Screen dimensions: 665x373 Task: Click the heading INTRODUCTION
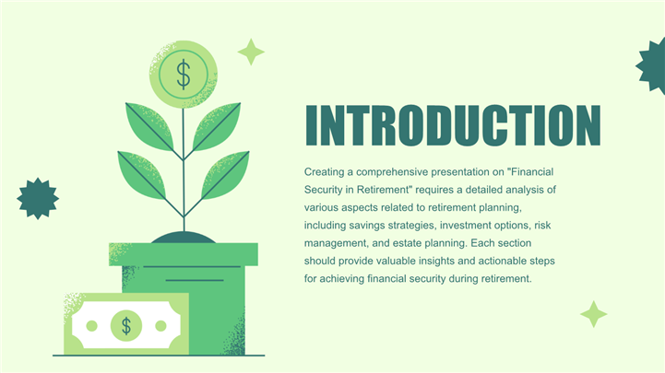point(453,126)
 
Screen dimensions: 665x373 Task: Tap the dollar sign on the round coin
point(184,74)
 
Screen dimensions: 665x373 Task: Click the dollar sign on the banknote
point(126,326)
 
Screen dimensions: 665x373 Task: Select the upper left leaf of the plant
point(149,126)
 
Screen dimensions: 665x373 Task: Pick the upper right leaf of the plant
point(217,126)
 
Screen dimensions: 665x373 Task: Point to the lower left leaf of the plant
point(142,175)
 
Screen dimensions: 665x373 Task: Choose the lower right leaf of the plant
point(225,175)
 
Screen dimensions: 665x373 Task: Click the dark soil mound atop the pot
point(184,238)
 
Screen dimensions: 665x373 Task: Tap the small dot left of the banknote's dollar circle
point(91,326)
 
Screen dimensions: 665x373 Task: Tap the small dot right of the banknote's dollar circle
point(160,326)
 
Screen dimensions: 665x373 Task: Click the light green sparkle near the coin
point(251,52)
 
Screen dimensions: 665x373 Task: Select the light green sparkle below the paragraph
point(594,314)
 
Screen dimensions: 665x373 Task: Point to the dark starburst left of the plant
point(38,199)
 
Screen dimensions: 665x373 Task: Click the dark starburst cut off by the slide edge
point(652,65)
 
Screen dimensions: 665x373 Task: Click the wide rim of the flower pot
point(184,254)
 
